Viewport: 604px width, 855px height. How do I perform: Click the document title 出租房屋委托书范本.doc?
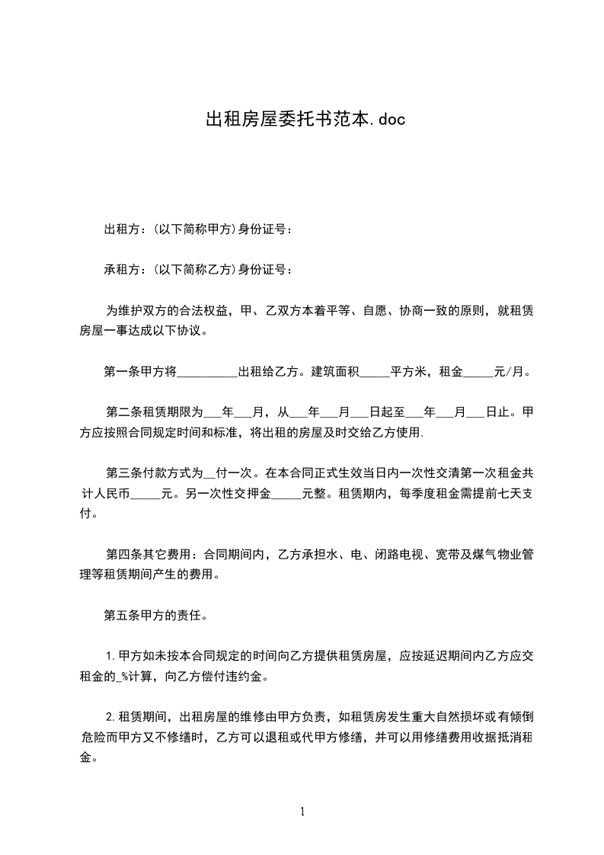click(x=302, y=119)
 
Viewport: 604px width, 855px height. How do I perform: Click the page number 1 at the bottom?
click(x=302, y=812)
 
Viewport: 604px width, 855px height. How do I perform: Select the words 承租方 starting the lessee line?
click(x=120, y=269)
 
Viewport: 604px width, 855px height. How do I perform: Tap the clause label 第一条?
click(x=120, y=373)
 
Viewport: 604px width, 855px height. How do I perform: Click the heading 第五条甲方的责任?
click(x=152, y=614)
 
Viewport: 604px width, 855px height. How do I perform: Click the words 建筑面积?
click(x=334, y=373)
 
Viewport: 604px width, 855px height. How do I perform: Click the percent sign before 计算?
click(x=125, y=675)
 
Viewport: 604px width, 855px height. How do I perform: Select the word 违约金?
click(x=250, y=675)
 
